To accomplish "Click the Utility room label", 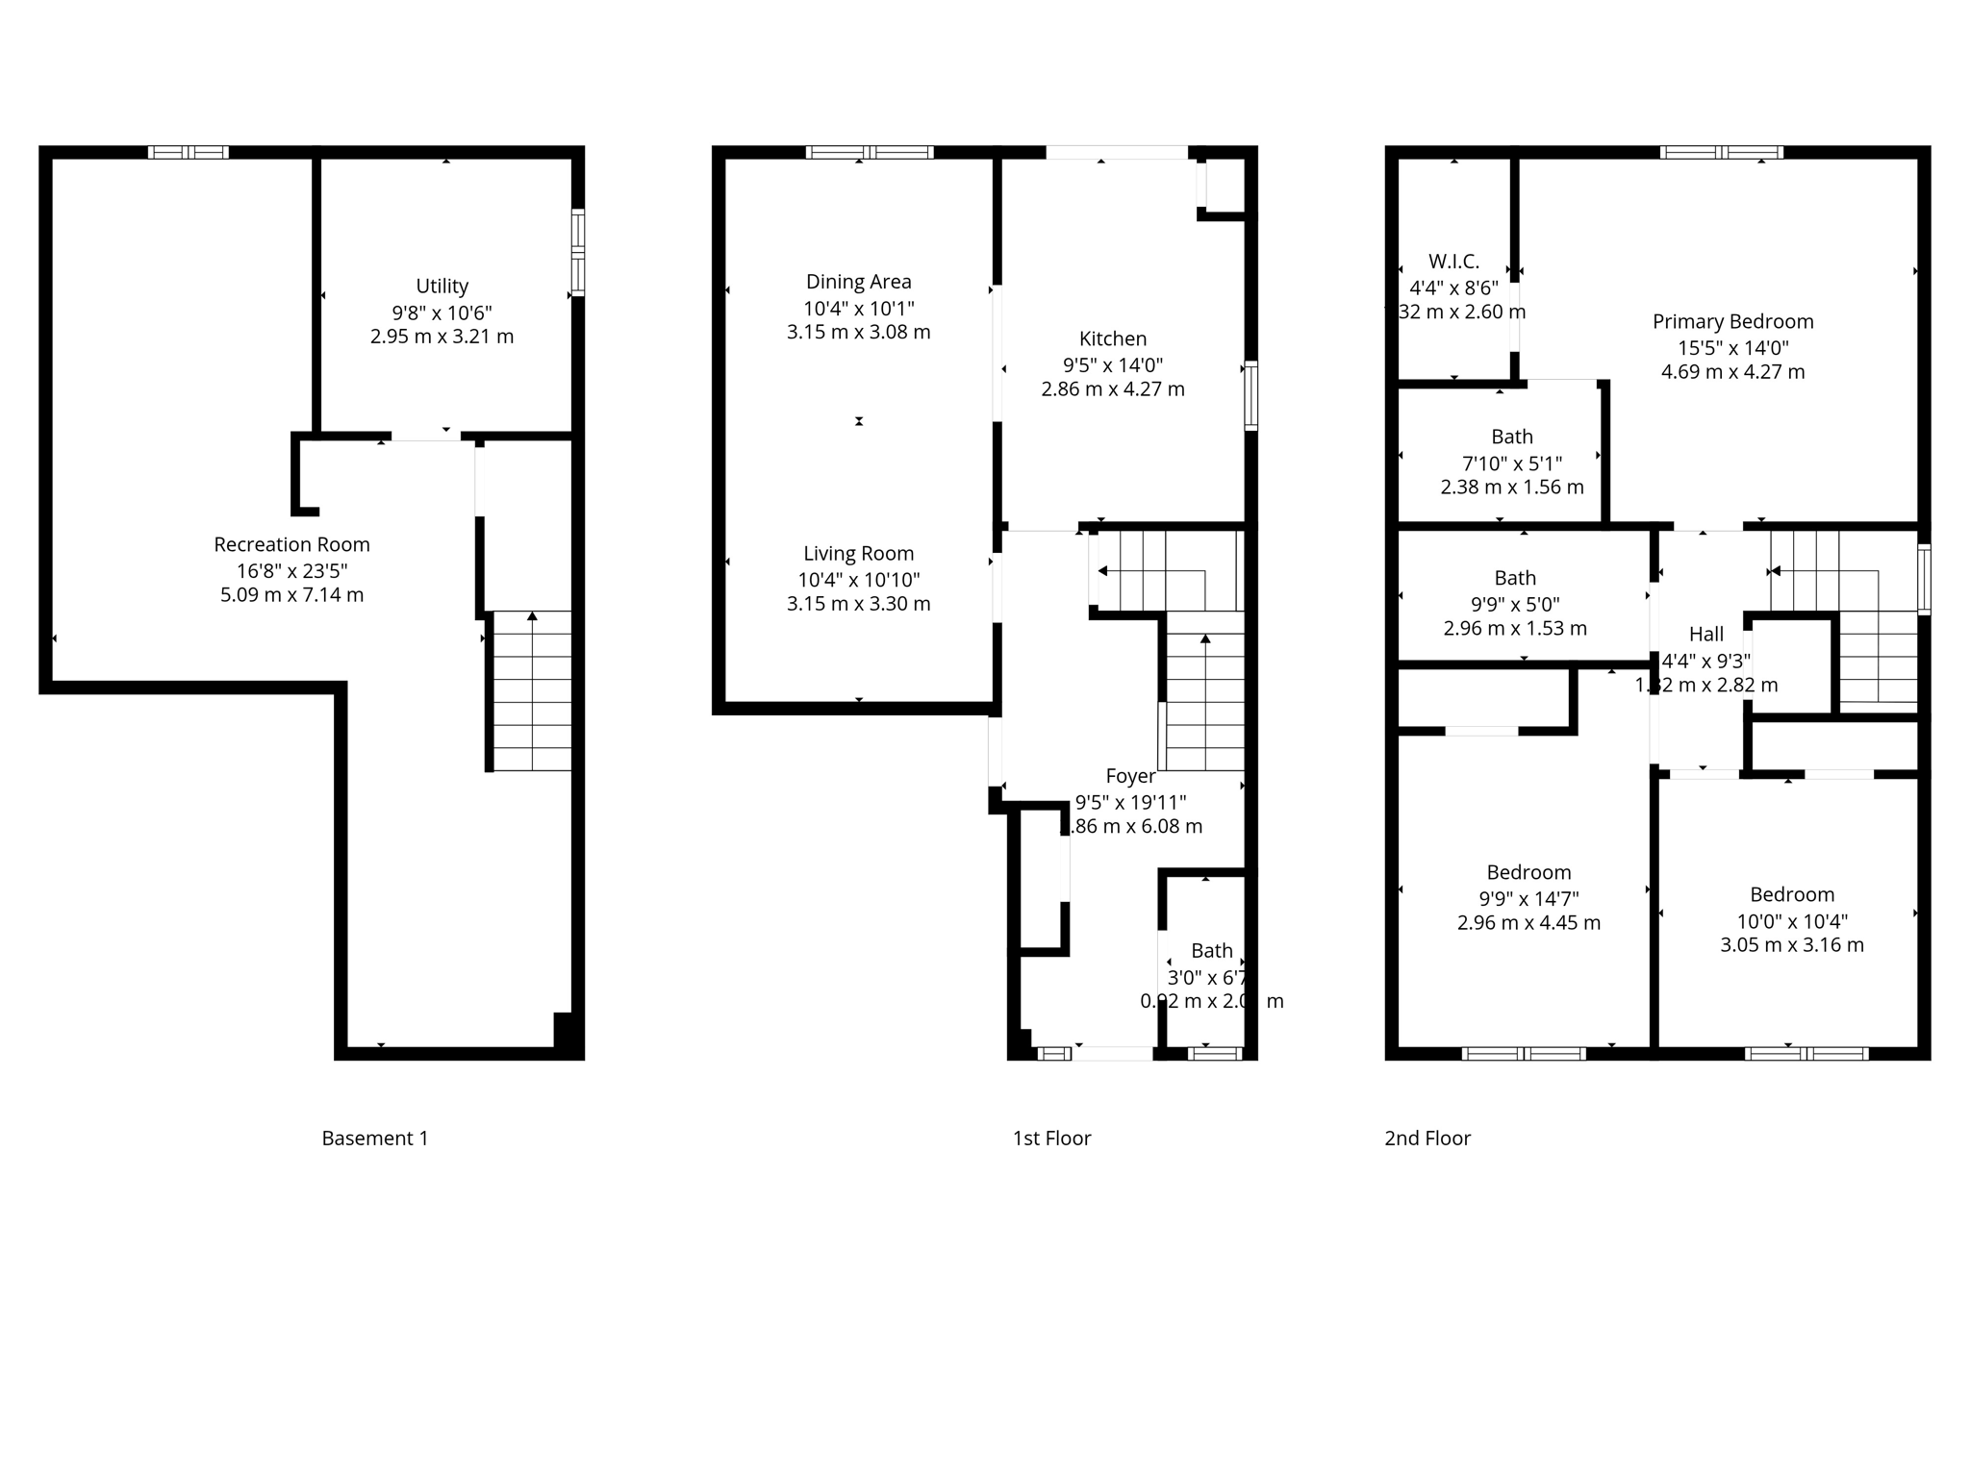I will (x=442, y=286).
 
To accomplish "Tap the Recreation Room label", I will (x=291, y=544).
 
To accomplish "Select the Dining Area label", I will (x=858, y=282).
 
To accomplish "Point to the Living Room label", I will (x=858, y=553).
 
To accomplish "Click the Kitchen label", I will (x=1112, y=338).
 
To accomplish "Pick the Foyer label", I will (x=1130, y=776).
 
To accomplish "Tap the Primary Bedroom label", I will (x=1732, y=321).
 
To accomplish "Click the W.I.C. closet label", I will (x=1453, y=262).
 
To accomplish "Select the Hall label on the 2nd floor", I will (x=1705, y=634).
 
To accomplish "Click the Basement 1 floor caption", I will (x=374, y=1139).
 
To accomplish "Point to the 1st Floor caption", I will (x=1051, y=1139).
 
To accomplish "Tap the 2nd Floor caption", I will (x=1427, y=1139).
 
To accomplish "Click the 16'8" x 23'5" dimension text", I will (x=291, y=570).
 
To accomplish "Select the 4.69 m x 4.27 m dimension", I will (x=1732, y=372).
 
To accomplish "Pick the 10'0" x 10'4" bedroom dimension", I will (x=1791, y=920).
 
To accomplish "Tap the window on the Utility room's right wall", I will (x=577, y=251).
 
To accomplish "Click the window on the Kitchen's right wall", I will (x=1250, y=395).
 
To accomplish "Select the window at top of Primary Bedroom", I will (x=1721, y=152).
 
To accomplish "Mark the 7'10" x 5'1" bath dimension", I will (x=1511, y=463).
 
